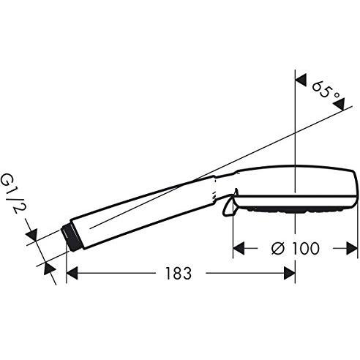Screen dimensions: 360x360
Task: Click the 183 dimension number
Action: pos(179,273)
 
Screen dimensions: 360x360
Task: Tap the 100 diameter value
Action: pos(306,248)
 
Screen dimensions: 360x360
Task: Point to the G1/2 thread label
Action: pos(13,193)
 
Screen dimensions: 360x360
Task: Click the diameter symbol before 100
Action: pos(278,248)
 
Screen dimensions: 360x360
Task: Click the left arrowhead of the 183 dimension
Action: pos(72,273)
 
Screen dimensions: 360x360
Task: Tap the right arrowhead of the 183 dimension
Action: pos(290,273)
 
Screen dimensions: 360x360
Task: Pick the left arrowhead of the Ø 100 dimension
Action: pos(239,248)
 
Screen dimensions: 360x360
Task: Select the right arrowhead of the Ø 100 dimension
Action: pos(352,248)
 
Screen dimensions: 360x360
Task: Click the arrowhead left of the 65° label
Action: pos(301,80)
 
